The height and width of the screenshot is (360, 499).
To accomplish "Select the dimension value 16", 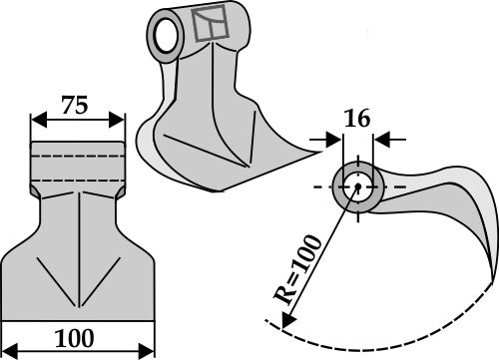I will click(357, 120).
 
